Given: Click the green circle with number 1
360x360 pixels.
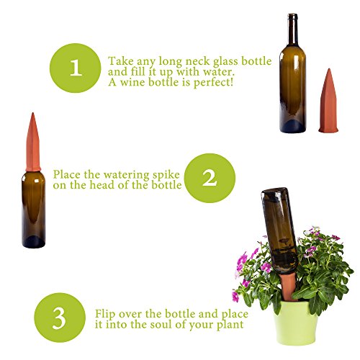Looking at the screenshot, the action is (x=76, y=68).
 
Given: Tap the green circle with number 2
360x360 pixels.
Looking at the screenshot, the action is (x=210, y=178).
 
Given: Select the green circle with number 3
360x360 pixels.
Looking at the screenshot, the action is (x=60, y=318).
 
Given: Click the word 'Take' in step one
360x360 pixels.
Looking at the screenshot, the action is (x=121, y=61).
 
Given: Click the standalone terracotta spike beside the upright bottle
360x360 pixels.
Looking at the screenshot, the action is (x=328, y=101).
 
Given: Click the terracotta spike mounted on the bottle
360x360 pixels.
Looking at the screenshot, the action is (x=33, y=143).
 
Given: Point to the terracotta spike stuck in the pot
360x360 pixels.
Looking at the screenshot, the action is (x=288, y=287).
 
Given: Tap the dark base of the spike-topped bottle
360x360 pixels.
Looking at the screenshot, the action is (x=34, y=242).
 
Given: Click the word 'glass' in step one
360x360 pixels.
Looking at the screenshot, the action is (x=226, y=62).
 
